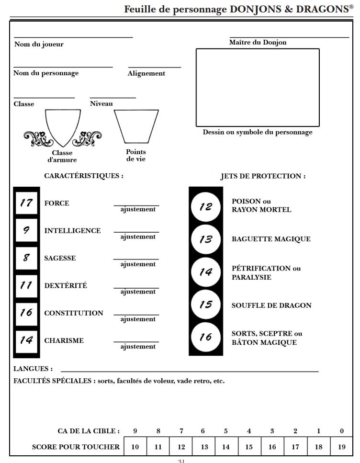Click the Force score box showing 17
[x=26, y=203]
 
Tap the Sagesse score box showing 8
[x=26, y=258]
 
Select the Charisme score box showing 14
[x=26, y=340]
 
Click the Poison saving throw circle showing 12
[x=206, y=206]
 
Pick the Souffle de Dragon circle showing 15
[x=206, y=305]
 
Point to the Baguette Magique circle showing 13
[x=206, y=239]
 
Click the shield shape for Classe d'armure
[x=63, y=127]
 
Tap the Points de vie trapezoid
[x=136, y=126]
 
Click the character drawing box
[x=257, y=87]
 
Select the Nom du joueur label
[x=39, y=45]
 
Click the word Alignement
[x=146, y=74]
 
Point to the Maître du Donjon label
[x=258, y=43]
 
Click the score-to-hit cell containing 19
[x=342, y=447]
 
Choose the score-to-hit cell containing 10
[x=135, y=447]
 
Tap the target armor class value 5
[x=225, y=431]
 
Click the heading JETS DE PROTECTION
[x=263, y=176]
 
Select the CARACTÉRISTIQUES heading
[x=84, y=176]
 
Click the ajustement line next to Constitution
[x=136, y=315]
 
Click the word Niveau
[x=101, y=104]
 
